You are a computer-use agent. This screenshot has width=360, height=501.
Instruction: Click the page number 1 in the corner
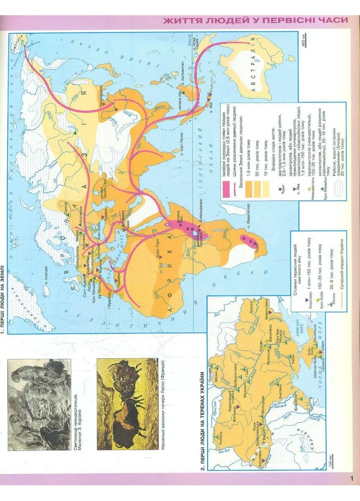pos(352,479)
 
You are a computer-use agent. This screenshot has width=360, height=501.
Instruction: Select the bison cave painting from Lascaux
pos(127,404)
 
